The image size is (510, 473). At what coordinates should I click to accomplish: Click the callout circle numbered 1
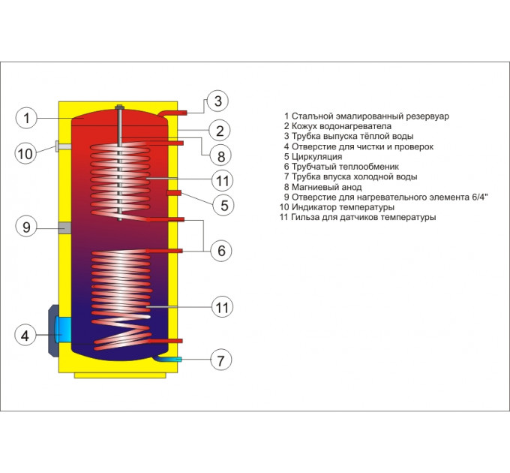[x=27, y=118]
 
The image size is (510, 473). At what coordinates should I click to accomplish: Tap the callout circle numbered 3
[x=218, y=101]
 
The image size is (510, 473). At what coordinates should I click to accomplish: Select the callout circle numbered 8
[x=221, y=156]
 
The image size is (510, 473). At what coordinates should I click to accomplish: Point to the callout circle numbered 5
[x=223, y=205]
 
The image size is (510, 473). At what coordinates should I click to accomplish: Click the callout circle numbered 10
[x=25, y=154]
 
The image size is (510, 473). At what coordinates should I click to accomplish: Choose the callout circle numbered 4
[x=25, y=336]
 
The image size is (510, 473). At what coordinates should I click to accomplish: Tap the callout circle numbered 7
[x=221, y=360]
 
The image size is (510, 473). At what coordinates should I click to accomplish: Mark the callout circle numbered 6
[x=221, y=251]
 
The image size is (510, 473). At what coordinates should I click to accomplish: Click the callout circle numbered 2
[x=220, y=131]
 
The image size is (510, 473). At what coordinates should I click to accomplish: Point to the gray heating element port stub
[x=64, y=227]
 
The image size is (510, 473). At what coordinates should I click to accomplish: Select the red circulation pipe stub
[x=174, y=193]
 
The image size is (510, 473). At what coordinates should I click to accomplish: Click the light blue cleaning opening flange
[x=63, y=329]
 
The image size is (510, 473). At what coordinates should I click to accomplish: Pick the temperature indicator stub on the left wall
[x=63, y=146]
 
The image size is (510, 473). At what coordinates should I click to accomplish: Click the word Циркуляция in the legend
[x=316, y=157]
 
